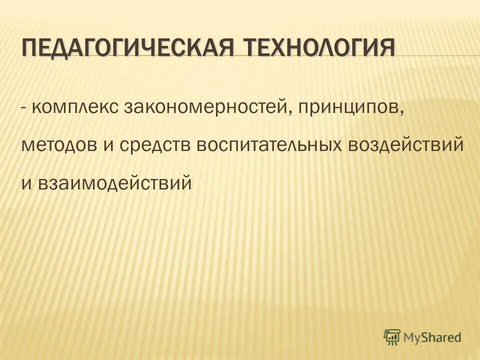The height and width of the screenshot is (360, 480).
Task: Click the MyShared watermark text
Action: tap(432, 337)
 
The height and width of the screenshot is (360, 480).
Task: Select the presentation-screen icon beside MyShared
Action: tap(392, 336)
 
